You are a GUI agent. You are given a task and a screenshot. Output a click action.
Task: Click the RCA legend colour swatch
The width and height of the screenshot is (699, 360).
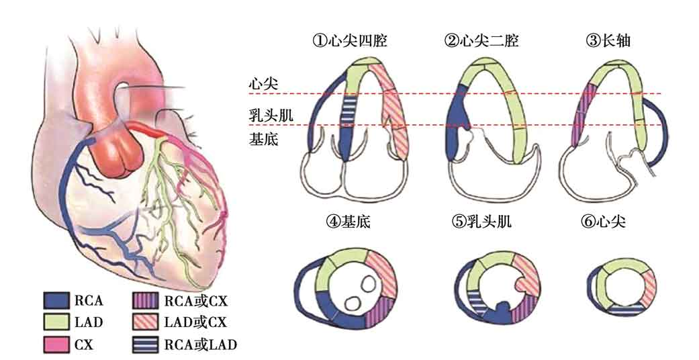[x=57, y=298]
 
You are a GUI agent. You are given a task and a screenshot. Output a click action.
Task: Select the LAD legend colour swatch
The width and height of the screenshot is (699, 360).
[x=57, y=322]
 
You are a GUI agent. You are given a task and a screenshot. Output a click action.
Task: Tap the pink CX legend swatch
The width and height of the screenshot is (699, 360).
[x=57, y=345]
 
